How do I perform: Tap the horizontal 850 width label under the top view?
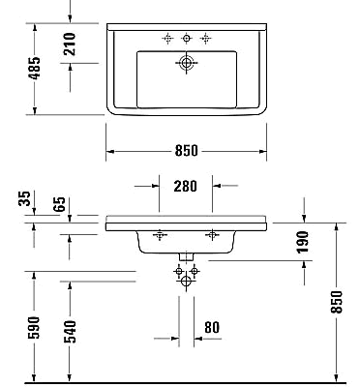[x=187, y=151]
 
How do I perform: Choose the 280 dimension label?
[x=187, y=185]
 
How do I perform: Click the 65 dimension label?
[x=61, y=204]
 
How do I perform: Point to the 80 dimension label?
[x=212, y=327]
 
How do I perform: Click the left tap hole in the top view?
[x=167, y=39]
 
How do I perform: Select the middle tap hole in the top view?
[x=186, y=39]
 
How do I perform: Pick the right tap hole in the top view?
[x=205, y=39]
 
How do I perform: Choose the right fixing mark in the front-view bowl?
[x=213, y=236]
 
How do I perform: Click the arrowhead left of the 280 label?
[x=155, y=185]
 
